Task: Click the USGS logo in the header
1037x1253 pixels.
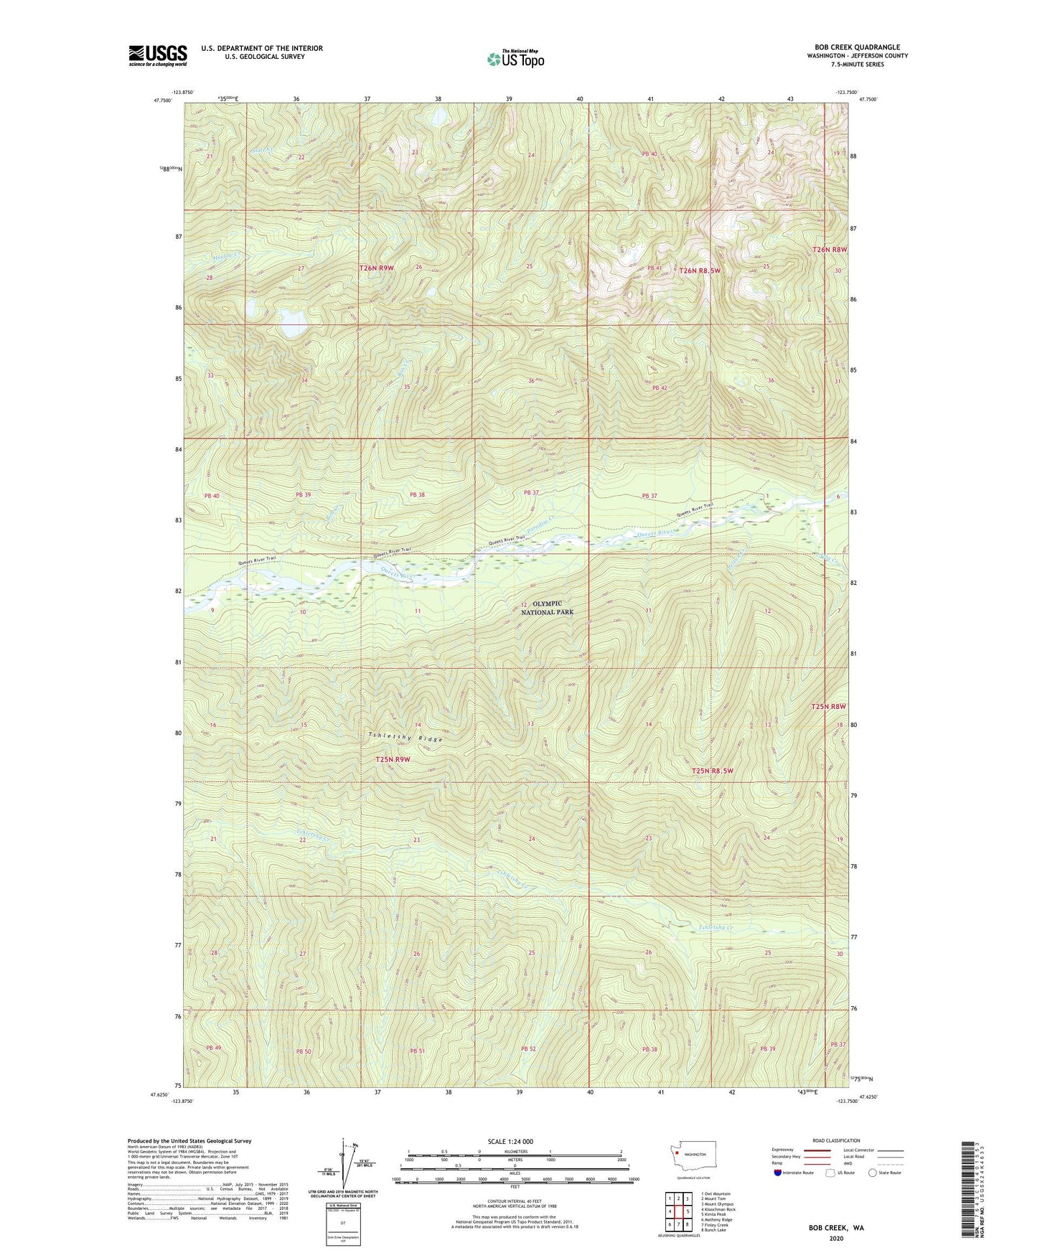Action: [157, 55]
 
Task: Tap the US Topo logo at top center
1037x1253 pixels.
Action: [515, 59]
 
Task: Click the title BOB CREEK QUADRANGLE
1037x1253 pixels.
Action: [857, 47]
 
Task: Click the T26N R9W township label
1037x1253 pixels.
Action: [377, 268]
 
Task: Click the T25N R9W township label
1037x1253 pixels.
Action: [393, 759]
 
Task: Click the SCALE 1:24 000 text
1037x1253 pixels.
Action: [510, 1141]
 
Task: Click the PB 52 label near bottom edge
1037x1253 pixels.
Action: [528, 1048]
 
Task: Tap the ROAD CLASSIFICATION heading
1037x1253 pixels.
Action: [837, 1140]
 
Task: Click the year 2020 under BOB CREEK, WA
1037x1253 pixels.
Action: [836, 1238]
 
